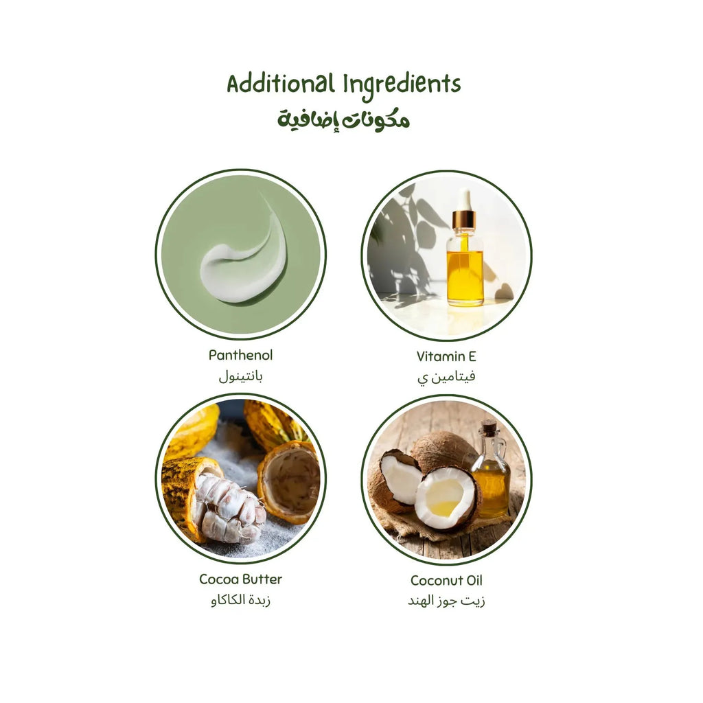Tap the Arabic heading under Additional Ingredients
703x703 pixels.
[x=343, y=119]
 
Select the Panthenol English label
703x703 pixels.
[x=240, y=356]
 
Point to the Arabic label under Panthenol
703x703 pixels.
[x=240, y=376]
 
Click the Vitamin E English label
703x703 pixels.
[x=446, y=356]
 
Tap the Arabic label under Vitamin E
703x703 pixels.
[x=446, y=377]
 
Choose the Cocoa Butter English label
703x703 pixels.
[x=240, y=579]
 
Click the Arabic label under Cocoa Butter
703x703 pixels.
[x=240, y=601]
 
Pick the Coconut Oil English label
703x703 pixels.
[x=446, y=580]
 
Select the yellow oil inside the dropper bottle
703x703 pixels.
[x=465, y=275]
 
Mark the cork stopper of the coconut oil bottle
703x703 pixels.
[x=489, y=427]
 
